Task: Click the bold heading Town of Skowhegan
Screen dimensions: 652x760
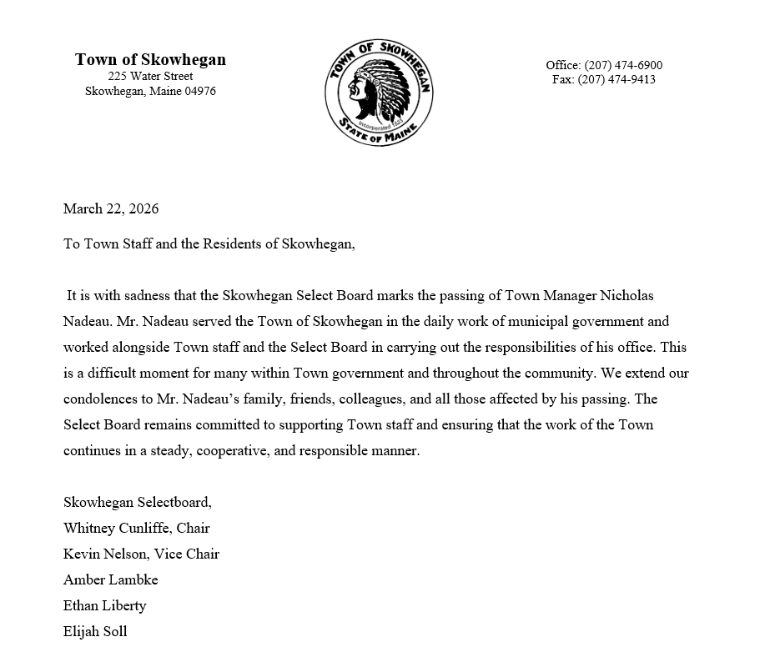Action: coord(150,60)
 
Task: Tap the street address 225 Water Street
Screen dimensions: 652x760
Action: coord(150,77)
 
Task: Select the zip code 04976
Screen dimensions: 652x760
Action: coord(200,92)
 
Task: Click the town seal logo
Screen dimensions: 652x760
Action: coord(379,92)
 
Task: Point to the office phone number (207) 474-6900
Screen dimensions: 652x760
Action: coord(623,65)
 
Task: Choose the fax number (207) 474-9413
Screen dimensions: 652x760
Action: coord(617,80)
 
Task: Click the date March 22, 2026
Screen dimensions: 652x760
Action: coord(111,208)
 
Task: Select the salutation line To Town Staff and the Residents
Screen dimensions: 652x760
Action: coord(209,244)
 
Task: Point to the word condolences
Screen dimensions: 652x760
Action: coord(102,399)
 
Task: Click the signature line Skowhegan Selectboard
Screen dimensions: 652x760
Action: coord(137,503)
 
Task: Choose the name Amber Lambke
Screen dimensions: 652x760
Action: coord(110,580)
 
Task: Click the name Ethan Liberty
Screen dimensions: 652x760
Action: coord(104,606)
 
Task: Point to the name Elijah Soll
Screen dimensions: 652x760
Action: coord(95,632)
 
